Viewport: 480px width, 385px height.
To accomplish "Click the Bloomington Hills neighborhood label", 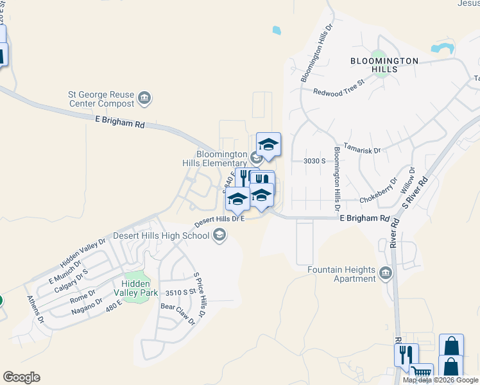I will pyautogui.click(x=384, y=61).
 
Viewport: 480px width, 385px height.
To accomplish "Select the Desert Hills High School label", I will pyautogui.click(x=161, y=235).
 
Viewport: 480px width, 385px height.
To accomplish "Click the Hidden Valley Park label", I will pyautogui.click(x=136, y=287).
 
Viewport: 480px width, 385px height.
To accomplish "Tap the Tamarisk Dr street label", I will pyautogui.click(x=362, y=148).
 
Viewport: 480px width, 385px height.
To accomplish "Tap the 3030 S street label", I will pyautogui.click(x=314, y=161).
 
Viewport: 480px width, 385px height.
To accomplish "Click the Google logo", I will pyautogui.click(x=21, y=377).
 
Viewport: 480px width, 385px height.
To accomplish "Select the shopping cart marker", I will pyautogui.click(x=421, y=372).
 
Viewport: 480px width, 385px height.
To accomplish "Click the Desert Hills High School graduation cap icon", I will pyautogui.click(x=220, y=235).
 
